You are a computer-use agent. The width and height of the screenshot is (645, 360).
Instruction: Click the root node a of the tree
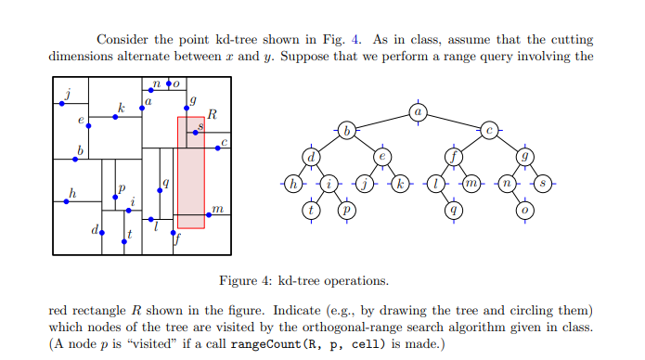point(418,112)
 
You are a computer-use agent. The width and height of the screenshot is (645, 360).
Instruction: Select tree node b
point(346,130)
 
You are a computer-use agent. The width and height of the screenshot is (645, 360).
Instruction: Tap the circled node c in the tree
point(491,130)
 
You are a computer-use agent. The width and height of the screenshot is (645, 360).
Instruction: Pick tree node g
point(527,156)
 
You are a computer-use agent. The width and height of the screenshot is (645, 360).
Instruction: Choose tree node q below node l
point(454,210)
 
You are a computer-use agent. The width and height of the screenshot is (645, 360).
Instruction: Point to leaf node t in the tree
point(313,210)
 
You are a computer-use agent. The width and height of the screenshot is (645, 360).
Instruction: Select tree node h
point(294,183)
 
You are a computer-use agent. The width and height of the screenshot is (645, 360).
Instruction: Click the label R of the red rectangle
point(212,115)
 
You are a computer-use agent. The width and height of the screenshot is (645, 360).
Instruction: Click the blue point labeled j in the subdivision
point(62,104)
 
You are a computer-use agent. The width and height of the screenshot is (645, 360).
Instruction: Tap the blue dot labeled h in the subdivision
point(68,201)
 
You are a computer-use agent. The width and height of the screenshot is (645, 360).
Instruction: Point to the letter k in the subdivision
point(121,107)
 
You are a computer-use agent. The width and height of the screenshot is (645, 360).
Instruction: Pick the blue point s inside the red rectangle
point(195,134)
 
